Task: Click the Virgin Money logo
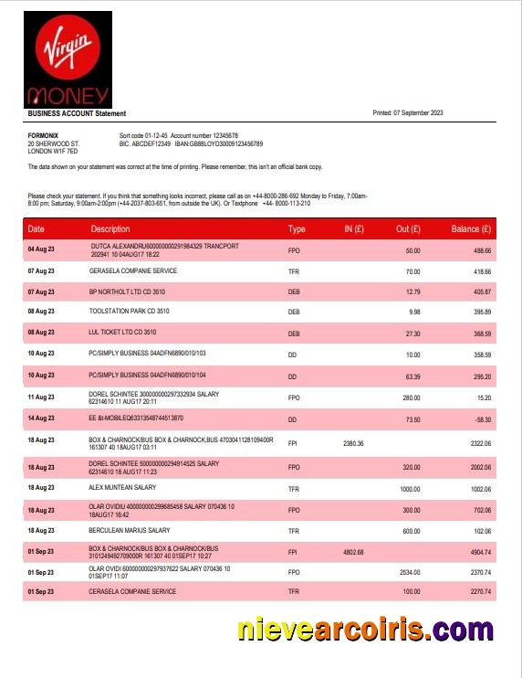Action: pyautogui.click(x=69, y=59)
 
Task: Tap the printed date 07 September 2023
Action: pyautogui.click(x=407, y=113)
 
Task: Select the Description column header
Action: pyautogui.click(x=110, y=229)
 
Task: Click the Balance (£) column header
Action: pyautogui.click(x=471, y=229)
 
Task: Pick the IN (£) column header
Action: pyautogui.click(x=354, y=229)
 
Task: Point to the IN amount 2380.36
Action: pyautogui.click(x=353, y=443)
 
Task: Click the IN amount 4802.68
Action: pyautogui.click(x=353, y=552)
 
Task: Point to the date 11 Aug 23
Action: pyautogui.click(x=41, y=397)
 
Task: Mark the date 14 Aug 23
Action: pyautogui.click(x=41, y=418)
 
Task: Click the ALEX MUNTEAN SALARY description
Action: pyautogui.click(x=121, y=490)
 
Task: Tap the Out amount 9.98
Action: pyautogui.click(x=413, y=312)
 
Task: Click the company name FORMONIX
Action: pyautogui.click(x=44, y=135)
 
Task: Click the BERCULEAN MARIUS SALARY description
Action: pyautogui.click(x=130, y=531)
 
